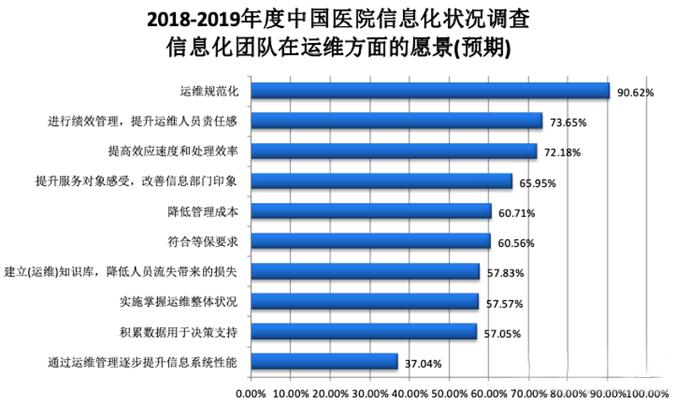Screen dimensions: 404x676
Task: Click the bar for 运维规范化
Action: click(x=429, y=90)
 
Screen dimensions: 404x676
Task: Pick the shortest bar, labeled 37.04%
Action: click(x=323, y=362)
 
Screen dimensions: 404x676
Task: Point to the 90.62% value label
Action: click(x=635, y=93)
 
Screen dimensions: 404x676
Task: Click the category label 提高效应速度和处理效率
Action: click(x=173, y=151)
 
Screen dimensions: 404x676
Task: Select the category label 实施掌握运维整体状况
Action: click(x=179, y=302)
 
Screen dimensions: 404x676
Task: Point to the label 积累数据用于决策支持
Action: click(x=179, y=331)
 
